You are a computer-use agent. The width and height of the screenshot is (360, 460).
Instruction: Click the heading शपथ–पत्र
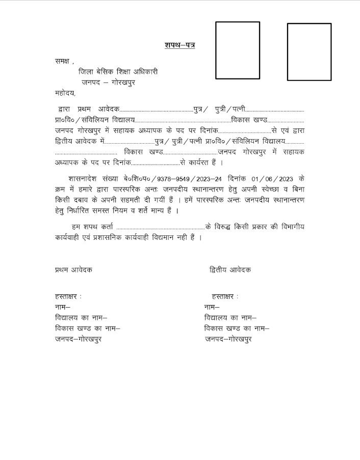(x=180, y=45)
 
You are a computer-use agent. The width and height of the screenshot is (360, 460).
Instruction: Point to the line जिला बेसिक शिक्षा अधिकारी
(x=118, y=72)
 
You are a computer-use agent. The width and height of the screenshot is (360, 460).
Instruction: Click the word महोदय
(x=64, y=93)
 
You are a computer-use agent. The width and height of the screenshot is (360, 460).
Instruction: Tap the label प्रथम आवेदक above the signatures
(x=74, y=269)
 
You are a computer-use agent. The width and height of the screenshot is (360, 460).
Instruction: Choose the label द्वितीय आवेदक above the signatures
(x=230, y=269)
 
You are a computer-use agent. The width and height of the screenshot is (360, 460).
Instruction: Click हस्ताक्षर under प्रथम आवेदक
(x=67, y=296)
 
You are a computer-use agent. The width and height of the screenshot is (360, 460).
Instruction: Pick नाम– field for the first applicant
(x=63, y=307)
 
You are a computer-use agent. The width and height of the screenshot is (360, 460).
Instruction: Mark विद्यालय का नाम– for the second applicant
(x=230, y=318)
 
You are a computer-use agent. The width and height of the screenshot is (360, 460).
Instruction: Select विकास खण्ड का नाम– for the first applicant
(x=87, y=329)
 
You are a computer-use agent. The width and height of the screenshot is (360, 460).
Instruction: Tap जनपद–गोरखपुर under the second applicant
(x=228, y=339)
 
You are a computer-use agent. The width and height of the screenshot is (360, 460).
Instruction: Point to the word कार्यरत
(x=201, y=162)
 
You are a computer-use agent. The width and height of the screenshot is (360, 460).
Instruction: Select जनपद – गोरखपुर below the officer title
(x=111, y=82)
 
